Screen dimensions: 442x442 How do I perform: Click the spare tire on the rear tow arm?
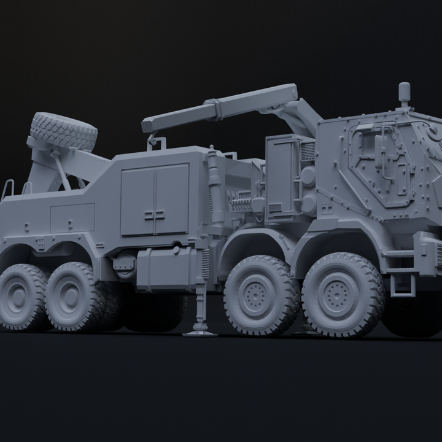coord(64,131)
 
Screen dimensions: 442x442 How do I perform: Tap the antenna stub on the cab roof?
coord(404,93)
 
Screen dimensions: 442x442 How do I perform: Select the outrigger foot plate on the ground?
coord(200,333)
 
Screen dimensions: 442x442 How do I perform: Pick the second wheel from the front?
coord(261,294)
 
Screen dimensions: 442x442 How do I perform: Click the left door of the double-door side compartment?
coord(138,200)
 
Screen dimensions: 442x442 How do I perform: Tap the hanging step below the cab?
coord(402,282)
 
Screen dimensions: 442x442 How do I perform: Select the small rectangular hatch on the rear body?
coord(72,218)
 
